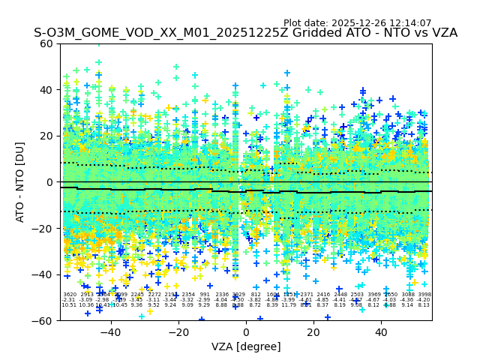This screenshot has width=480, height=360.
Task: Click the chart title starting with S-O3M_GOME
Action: tap(245, 34)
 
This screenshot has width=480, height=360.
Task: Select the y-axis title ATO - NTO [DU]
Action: tap(21, 181)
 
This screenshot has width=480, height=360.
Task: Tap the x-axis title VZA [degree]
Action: tap(246, 346)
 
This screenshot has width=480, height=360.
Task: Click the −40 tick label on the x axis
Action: tap(110, 331)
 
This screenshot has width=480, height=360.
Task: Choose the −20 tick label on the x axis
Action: tap(178, 331)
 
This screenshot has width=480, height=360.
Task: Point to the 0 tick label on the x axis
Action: tap(246, 331)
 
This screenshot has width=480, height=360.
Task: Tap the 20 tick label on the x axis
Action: tap(313, 331)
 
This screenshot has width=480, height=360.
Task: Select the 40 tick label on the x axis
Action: tap(381, 331)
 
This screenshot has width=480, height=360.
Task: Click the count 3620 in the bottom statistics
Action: tap(69, 295)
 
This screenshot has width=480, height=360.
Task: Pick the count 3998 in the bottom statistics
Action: tap(424, 295)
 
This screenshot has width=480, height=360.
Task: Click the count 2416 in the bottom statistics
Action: tap(323, 295)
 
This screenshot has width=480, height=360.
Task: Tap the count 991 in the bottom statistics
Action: tap(205, 295)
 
